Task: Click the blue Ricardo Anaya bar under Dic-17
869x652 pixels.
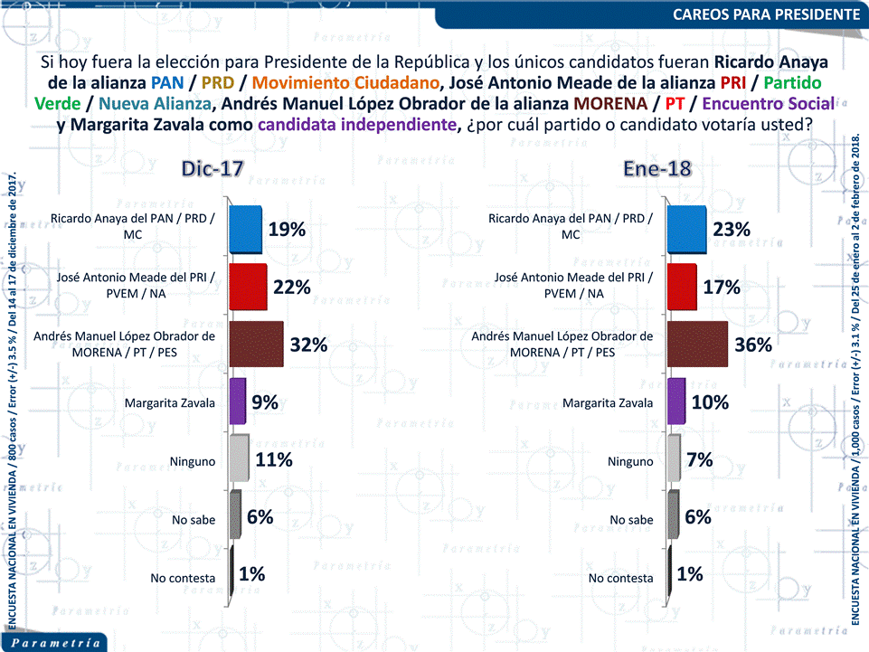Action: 245,229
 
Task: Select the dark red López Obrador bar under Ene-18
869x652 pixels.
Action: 697,344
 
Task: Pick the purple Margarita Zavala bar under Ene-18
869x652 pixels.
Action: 675,402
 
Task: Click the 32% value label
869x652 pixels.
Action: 308,345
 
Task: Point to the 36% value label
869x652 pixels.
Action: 753,345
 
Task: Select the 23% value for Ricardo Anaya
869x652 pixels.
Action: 732,230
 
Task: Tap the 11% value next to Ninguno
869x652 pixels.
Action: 273,459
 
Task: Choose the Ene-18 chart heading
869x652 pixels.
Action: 656,169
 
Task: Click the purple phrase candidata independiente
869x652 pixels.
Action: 354,124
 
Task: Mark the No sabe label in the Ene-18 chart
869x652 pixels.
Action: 631,519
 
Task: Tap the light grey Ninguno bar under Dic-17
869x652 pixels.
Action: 240,458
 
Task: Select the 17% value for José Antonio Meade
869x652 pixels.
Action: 723,288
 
